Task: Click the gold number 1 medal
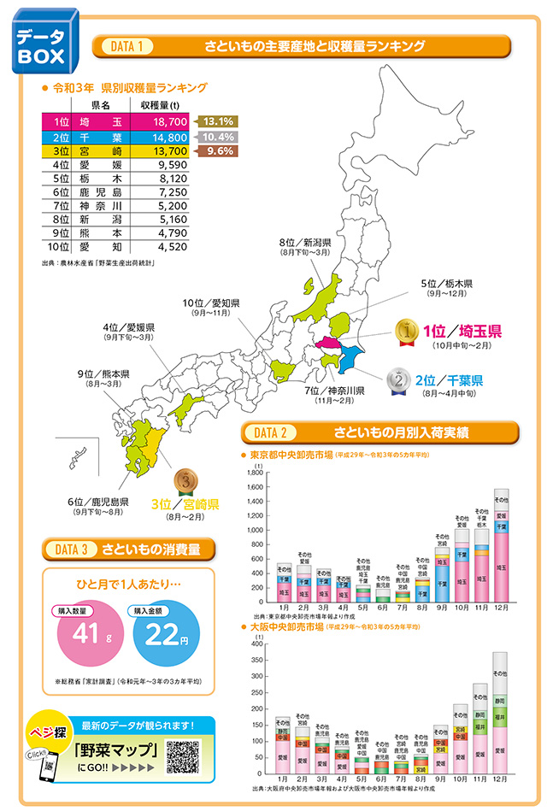[406, 329]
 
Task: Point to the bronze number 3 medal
[185, 481]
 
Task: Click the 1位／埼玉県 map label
[462, 331]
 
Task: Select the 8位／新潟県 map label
[304, 247]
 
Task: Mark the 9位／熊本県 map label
[103, 379]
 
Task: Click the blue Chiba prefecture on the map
[353, 358]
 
